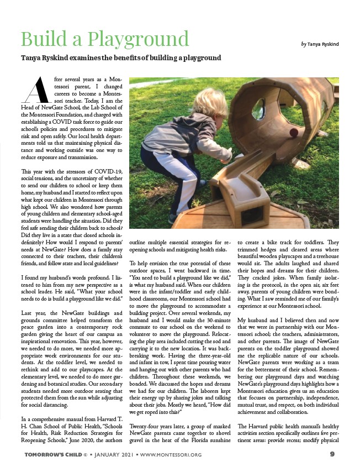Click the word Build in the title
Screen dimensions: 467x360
click(41, 39)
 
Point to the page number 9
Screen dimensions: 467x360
click(333, 454)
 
